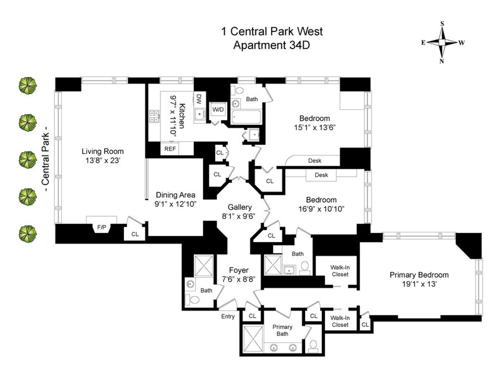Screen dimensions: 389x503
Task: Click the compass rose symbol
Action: (443, 42)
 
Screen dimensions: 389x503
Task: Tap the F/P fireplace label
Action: (101, 227)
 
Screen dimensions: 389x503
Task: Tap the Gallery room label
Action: (240, 207)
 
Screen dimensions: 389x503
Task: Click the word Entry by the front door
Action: (228, 316)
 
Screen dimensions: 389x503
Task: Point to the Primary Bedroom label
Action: (419, 275)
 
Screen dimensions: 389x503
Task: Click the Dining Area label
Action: (176, 195)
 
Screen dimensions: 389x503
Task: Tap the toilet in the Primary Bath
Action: (313, 346)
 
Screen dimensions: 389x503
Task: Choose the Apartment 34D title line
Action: (272, 44)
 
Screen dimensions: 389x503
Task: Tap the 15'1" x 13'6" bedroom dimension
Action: (314, 126)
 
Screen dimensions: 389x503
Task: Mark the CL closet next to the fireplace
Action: (135, 234)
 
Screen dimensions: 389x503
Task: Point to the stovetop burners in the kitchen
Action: (153, 116)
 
